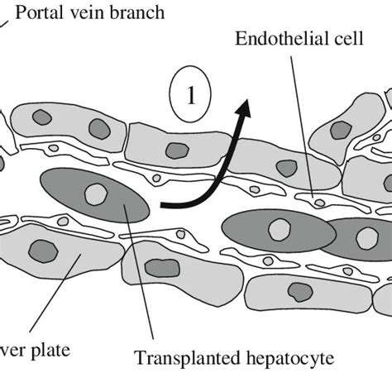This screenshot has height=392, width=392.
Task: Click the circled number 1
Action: point(190,98)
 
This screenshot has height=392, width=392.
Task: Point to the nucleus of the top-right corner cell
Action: point(340,129)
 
